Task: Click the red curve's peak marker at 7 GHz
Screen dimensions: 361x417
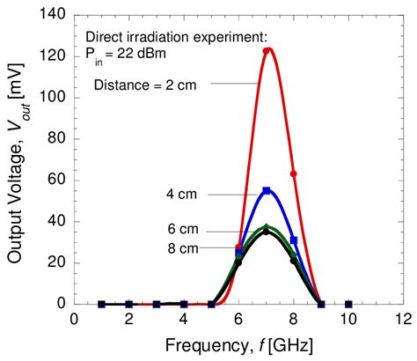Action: click(x=267, y=51)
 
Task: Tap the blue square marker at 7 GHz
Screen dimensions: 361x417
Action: click(x=267, y=190)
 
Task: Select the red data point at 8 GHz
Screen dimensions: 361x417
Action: click(x=294, y=173)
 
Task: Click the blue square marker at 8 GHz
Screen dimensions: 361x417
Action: click(x=294, y=239)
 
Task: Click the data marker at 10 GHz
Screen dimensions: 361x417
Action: click(x=348, y=304)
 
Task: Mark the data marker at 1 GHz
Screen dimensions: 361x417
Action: click(x=102, y=304)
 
